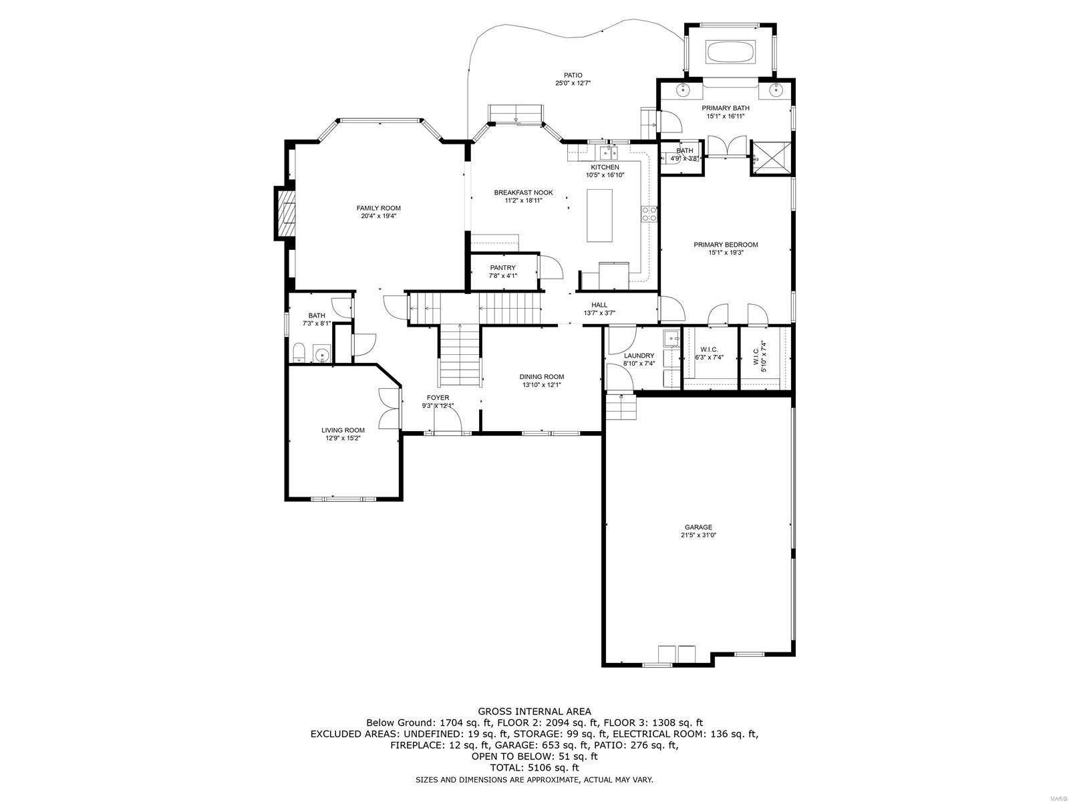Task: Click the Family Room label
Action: click(378, 208)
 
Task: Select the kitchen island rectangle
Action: click(599, 215)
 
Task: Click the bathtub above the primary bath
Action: click(731, 52)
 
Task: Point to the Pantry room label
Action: click(502, 267)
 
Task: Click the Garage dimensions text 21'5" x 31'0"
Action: click(698, 535)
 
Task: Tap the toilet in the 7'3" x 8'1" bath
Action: click(299, 352)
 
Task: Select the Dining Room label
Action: click(542, 376)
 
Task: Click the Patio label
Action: click(573, 75)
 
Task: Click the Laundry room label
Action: click(639, 356)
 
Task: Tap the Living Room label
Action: click(343, 430)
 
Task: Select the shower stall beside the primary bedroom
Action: click(770, 158)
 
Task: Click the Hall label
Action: click(599, 305)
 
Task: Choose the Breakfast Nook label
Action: click(523, 192)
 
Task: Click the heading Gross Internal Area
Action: click(534, 712)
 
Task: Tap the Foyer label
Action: click(438, 398)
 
